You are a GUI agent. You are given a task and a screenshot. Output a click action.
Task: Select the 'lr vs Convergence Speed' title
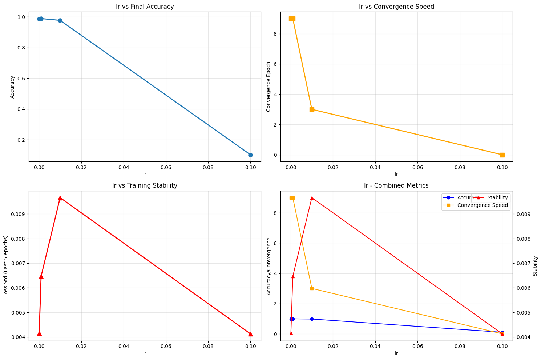[x=396, y=6]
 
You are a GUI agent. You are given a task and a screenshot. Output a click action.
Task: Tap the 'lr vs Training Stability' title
[x=145, y=185]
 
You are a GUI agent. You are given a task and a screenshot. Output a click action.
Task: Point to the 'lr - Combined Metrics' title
[x=396, y=185]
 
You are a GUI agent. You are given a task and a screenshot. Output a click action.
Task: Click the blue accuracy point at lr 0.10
[x=250, y=155]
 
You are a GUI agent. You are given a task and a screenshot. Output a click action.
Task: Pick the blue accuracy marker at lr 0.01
[x=60, y=20]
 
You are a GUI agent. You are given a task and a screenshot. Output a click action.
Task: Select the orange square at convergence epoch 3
[x=312, y=109]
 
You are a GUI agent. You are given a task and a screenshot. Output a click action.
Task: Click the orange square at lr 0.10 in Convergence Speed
[x=502, y=155]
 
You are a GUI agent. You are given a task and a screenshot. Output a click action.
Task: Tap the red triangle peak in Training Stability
[x=60, y=198]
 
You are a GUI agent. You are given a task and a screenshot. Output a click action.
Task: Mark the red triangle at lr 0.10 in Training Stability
[x=250, y=334]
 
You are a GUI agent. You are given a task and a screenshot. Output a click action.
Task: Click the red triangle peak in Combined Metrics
[x=312, y=198]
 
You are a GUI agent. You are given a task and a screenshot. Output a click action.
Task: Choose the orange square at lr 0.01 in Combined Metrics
[x=312, y=288]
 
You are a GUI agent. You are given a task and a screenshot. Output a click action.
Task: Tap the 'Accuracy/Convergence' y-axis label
[x=269, y=266]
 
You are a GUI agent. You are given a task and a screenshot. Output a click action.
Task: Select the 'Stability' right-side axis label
[x=535, y=266]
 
